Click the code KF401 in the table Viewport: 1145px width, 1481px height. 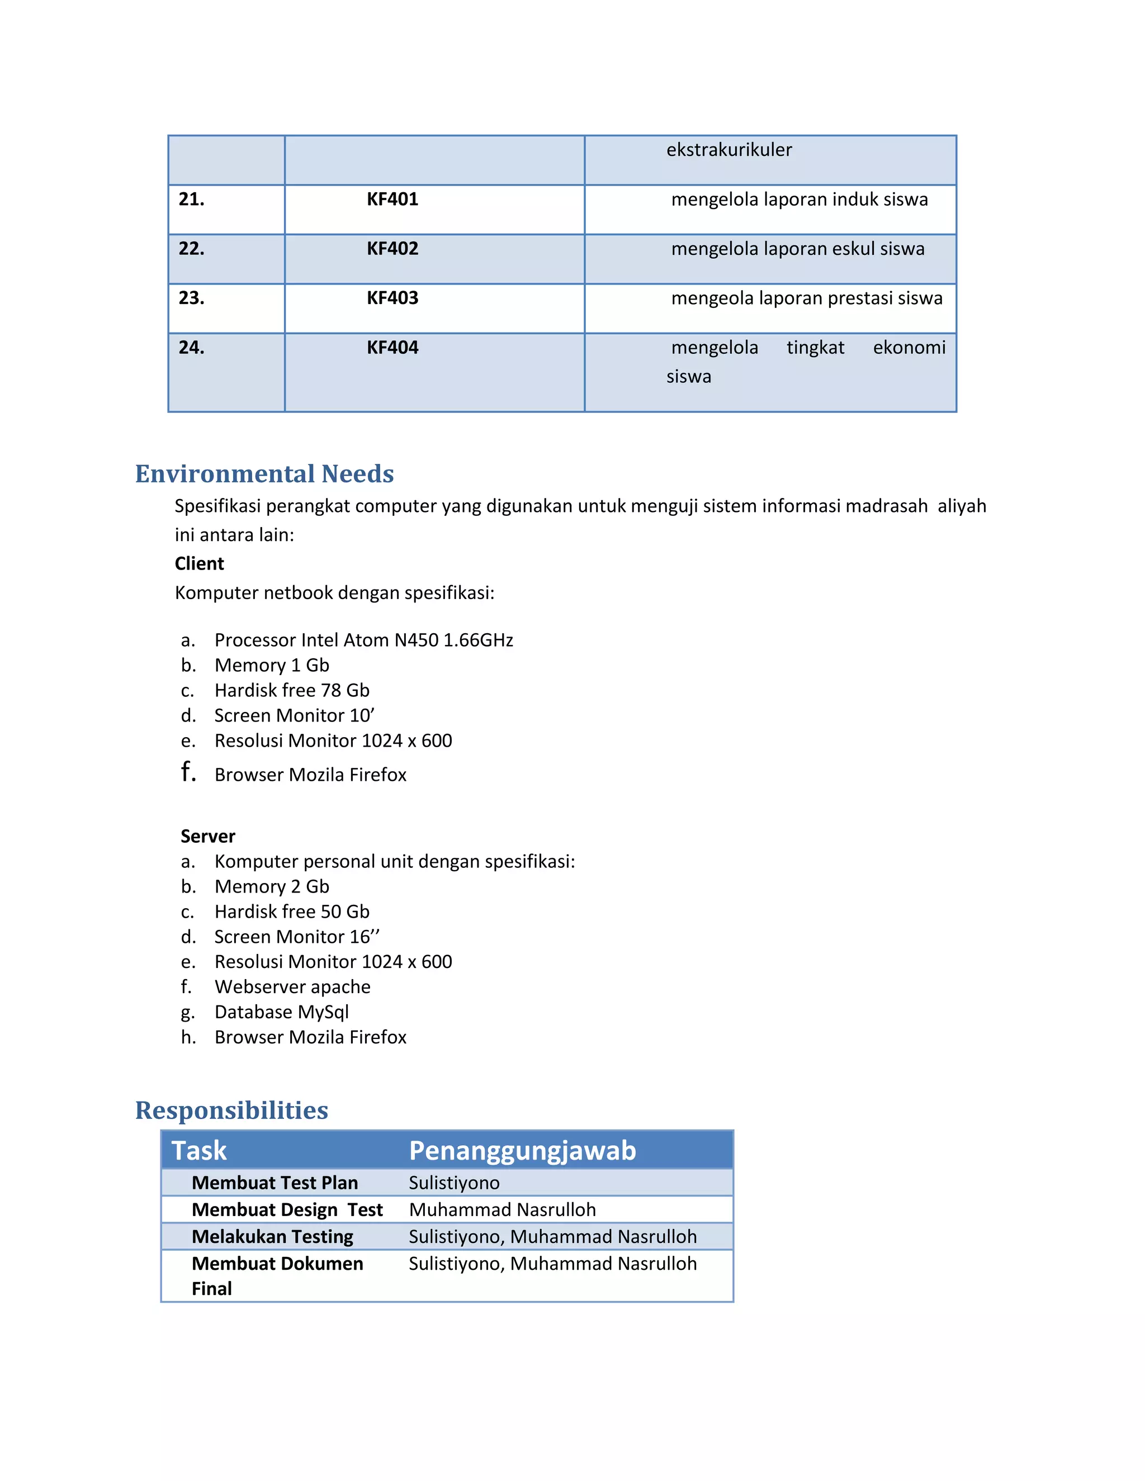(x=392, y=200)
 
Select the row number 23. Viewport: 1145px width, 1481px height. (x=191, y=298)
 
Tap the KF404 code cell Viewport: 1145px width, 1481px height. (x=392, y=348)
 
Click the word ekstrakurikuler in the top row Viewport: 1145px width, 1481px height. (x=728, y=150)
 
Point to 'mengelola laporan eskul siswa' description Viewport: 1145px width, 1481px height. (x=797, y=249)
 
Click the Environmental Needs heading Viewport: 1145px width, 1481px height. (x=264, y=473)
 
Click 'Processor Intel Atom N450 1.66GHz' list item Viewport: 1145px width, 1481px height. (x=363, y=640)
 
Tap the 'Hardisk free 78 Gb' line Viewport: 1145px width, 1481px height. (x=292, y=690)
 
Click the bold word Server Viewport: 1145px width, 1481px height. (x=207, y=836)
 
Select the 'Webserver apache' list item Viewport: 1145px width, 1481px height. (x=292, y=986)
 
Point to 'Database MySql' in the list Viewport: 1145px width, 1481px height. (x=282, y=1012)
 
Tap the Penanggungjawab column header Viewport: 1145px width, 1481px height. (x=522, y=1151)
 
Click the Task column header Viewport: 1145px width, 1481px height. (x=198, y=1151)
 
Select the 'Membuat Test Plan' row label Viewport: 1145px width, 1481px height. (x=274, y=1183)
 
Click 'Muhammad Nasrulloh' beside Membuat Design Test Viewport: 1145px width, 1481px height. (x=502, y=1210)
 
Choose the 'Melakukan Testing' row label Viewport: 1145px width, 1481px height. (x=272, y=1237)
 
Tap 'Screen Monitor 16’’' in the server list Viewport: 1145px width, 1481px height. (x=296, y=937)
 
